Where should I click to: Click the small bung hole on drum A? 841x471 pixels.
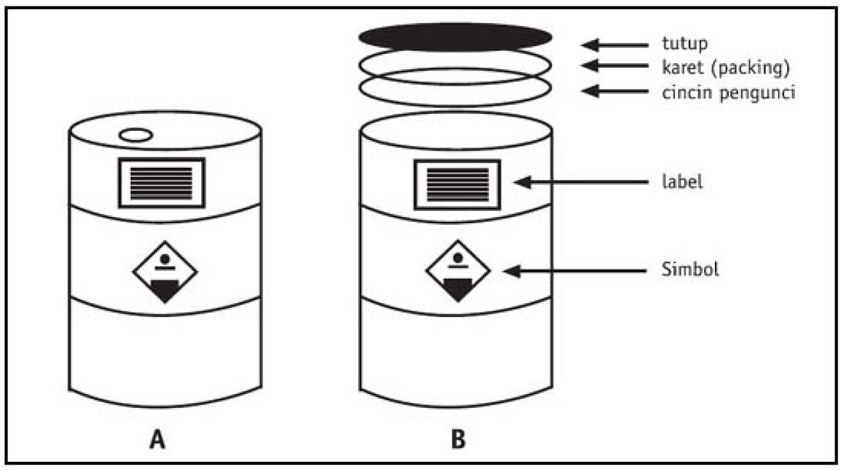(136, 135)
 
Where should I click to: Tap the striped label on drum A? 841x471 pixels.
(162, 182)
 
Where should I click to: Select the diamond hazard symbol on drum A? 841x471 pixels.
(165, 272)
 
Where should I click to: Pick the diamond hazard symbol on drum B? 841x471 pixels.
(458, 270)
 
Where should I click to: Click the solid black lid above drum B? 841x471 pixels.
(455, 37)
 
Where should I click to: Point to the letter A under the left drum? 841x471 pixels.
(156, 439)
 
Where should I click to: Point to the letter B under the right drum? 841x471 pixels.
(458, 439)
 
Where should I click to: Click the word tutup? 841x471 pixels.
(684, 44)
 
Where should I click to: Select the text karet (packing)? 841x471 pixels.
(725, 67)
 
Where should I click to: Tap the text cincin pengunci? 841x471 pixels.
(729, 92)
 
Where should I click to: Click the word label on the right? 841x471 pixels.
(681, 182)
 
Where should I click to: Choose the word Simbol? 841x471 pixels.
(690, 270)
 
